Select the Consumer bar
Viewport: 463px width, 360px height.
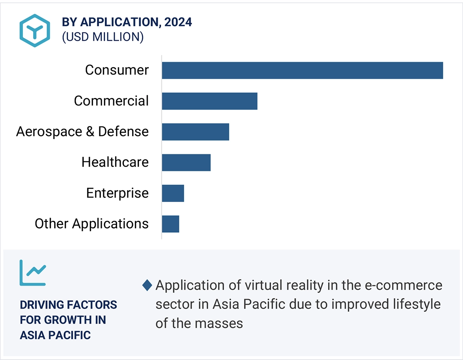(x=302, y=70)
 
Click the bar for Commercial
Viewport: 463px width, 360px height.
(x=209, y=101)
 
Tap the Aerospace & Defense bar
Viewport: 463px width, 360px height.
(x=195, y=132)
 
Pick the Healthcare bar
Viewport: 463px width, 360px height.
(x=186, y=163)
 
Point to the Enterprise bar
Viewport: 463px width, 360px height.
(x=173, y=193)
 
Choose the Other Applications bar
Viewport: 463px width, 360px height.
(x=171, y=224)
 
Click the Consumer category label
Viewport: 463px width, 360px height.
(x=117, y=70)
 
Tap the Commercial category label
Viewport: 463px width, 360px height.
(x=111, y=101)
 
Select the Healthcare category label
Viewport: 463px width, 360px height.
(x=115, y=162)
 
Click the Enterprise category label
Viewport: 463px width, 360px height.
(x=117, y=193)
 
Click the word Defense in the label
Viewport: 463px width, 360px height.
(x=123, y=131)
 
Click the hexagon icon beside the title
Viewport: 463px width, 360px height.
(x=35, y=30)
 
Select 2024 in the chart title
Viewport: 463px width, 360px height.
(x=178, y=22)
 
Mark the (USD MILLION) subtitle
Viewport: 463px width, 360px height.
(x=102, y=37)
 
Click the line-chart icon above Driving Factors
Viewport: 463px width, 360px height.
(x=33, y=273)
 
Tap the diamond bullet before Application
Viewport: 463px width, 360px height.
(x=147, y=285)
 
